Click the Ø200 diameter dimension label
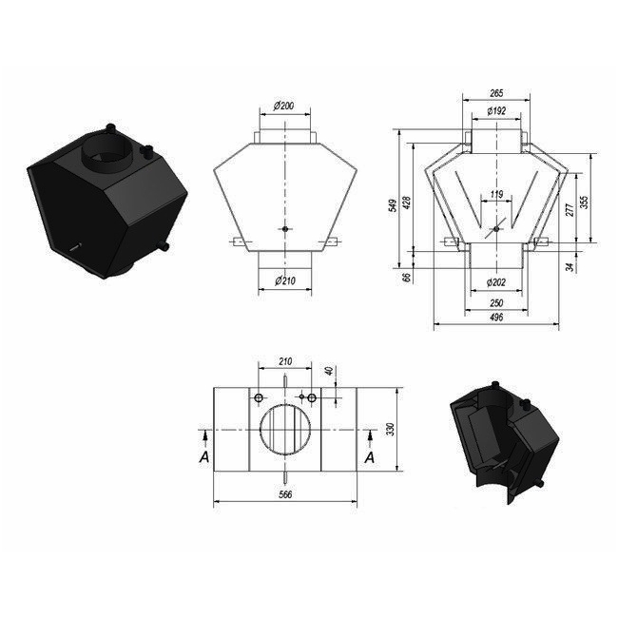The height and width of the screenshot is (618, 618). pyautogui.click(x=283, y=106)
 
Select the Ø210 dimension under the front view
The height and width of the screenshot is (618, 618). pyautogui.click(x=285, y=280)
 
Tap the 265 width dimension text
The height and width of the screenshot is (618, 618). pyautogui.click(x=496, y=93)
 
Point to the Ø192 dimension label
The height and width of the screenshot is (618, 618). pyautogui.click(x=496, y=110)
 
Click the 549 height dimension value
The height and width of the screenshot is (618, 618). pyautogui.click(x=393, y=205)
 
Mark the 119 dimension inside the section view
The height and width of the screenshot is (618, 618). pyautogui.click(x=496, y=194)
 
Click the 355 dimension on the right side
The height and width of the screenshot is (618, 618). pyautogui.click(x=585, y=203)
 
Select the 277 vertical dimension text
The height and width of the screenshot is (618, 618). pyautogui.click(x=570, y=210)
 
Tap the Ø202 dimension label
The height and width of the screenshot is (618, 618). pyautogui.click(x=495, y=282)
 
